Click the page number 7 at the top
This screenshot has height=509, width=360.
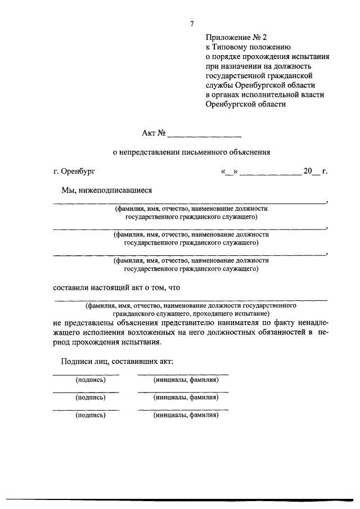pos(191,24)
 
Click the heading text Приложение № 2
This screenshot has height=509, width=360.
pos(233,38)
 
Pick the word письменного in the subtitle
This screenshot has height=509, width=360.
pos(205,152)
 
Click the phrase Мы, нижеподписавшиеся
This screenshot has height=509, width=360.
pos(107,190)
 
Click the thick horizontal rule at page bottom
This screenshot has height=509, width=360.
pos(180,498)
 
